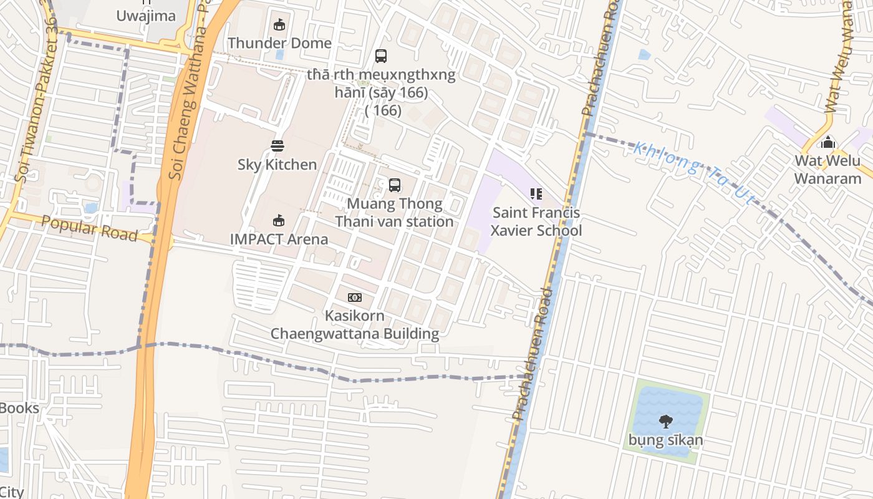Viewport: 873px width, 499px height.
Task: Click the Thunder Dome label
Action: tap(279, 43)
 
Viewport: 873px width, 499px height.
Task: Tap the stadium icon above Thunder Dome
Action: tap(279, 25)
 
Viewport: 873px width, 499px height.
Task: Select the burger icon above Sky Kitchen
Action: tap(277, 146)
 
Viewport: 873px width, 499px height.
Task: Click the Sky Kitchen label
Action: tap(277, 165)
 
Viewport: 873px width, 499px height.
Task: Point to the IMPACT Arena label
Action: tap(279, 239)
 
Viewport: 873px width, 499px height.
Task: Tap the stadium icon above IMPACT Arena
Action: tap(279, 220)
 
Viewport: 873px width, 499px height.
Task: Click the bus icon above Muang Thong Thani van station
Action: tap(395, 185)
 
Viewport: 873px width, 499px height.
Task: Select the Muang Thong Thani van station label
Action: tap(395, 213)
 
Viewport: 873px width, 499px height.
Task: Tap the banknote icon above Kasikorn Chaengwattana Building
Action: tap(354, 298)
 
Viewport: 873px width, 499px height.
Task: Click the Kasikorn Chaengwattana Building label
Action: tap(354, 324)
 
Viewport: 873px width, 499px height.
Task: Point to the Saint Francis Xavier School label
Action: tap(536, 221)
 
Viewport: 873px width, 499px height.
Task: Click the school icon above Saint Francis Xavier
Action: tap(536, 194)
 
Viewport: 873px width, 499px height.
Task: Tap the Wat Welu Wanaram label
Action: tap(827, 170)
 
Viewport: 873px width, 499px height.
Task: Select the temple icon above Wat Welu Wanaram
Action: tap(828, 142)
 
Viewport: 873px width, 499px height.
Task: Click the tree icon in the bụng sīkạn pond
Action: tap(666, 422)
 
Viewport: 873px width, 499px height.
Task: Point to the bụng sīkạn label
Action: tap(666, 440)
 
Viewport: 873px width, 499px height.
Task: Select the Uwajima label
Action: tap(147, 16)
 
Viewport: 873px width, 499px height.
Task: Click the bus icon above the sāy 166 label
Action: tap(381, 56)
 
